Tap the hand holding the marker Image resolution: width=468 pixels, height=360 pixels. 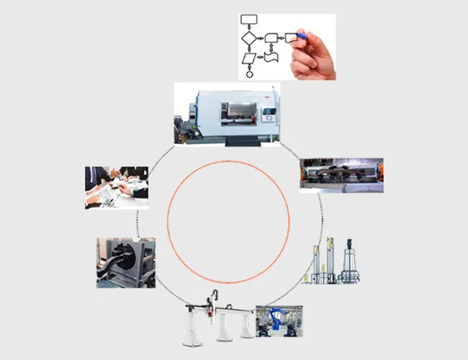coord(315,58)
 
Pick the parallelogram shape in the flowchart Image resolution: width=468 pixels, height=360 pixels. coord(249,57)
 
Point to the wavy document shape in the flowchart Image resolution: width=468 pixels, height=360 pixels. coord(271,56)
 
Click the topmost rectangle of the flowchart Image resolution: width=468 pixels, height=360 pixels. coord(249,18)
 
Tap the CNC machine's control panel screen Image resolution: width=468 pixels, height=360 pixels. coord(269,112)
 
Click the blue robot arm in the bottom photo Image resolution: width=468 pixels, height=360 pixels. coord(276,320)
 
